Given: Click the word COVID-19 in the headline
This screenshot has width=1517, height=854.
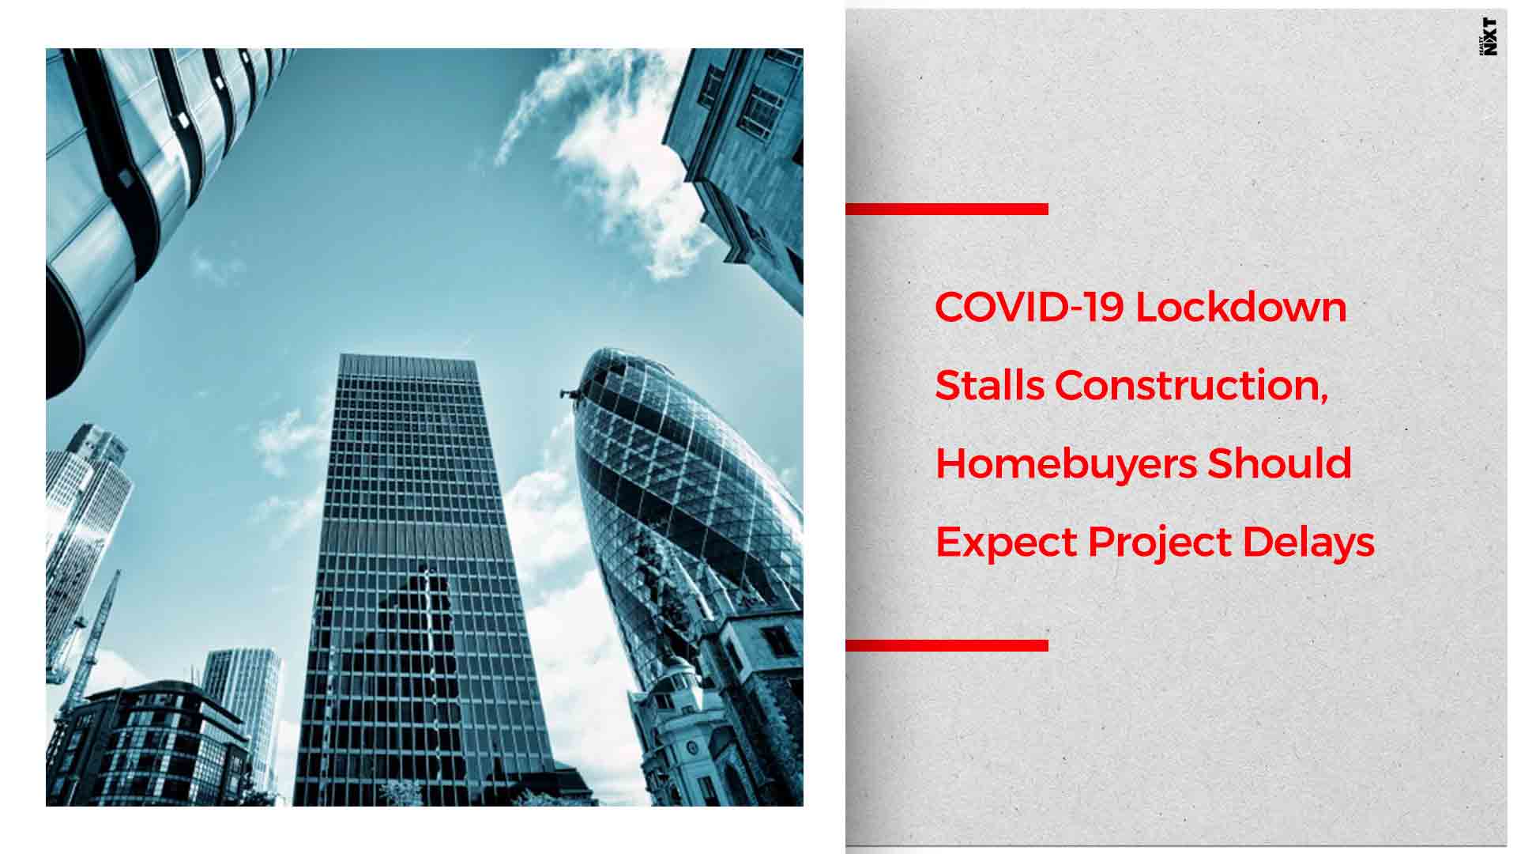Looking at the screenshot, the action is click(1029, 307).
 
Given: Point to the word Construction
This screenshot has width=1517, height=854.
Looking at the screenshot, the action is click(1191, 386).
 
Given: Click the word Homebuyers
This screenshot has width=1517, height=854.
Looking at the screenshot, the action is click(1066, 464).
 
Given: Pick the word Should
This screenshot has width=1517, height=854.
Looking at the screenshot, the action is click(1280, 463).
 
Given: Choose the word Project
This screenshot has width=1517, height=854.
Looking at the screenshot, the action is click(1159, 543).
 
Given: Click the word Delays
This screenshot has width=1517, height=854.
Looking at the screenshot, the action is click(1308, 543).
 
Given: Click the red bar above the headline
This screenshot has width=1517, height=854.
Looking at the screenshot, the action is click(947, 209).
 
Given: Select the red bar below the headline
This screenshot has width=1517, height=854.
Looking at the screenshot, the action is click(947, 645).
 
